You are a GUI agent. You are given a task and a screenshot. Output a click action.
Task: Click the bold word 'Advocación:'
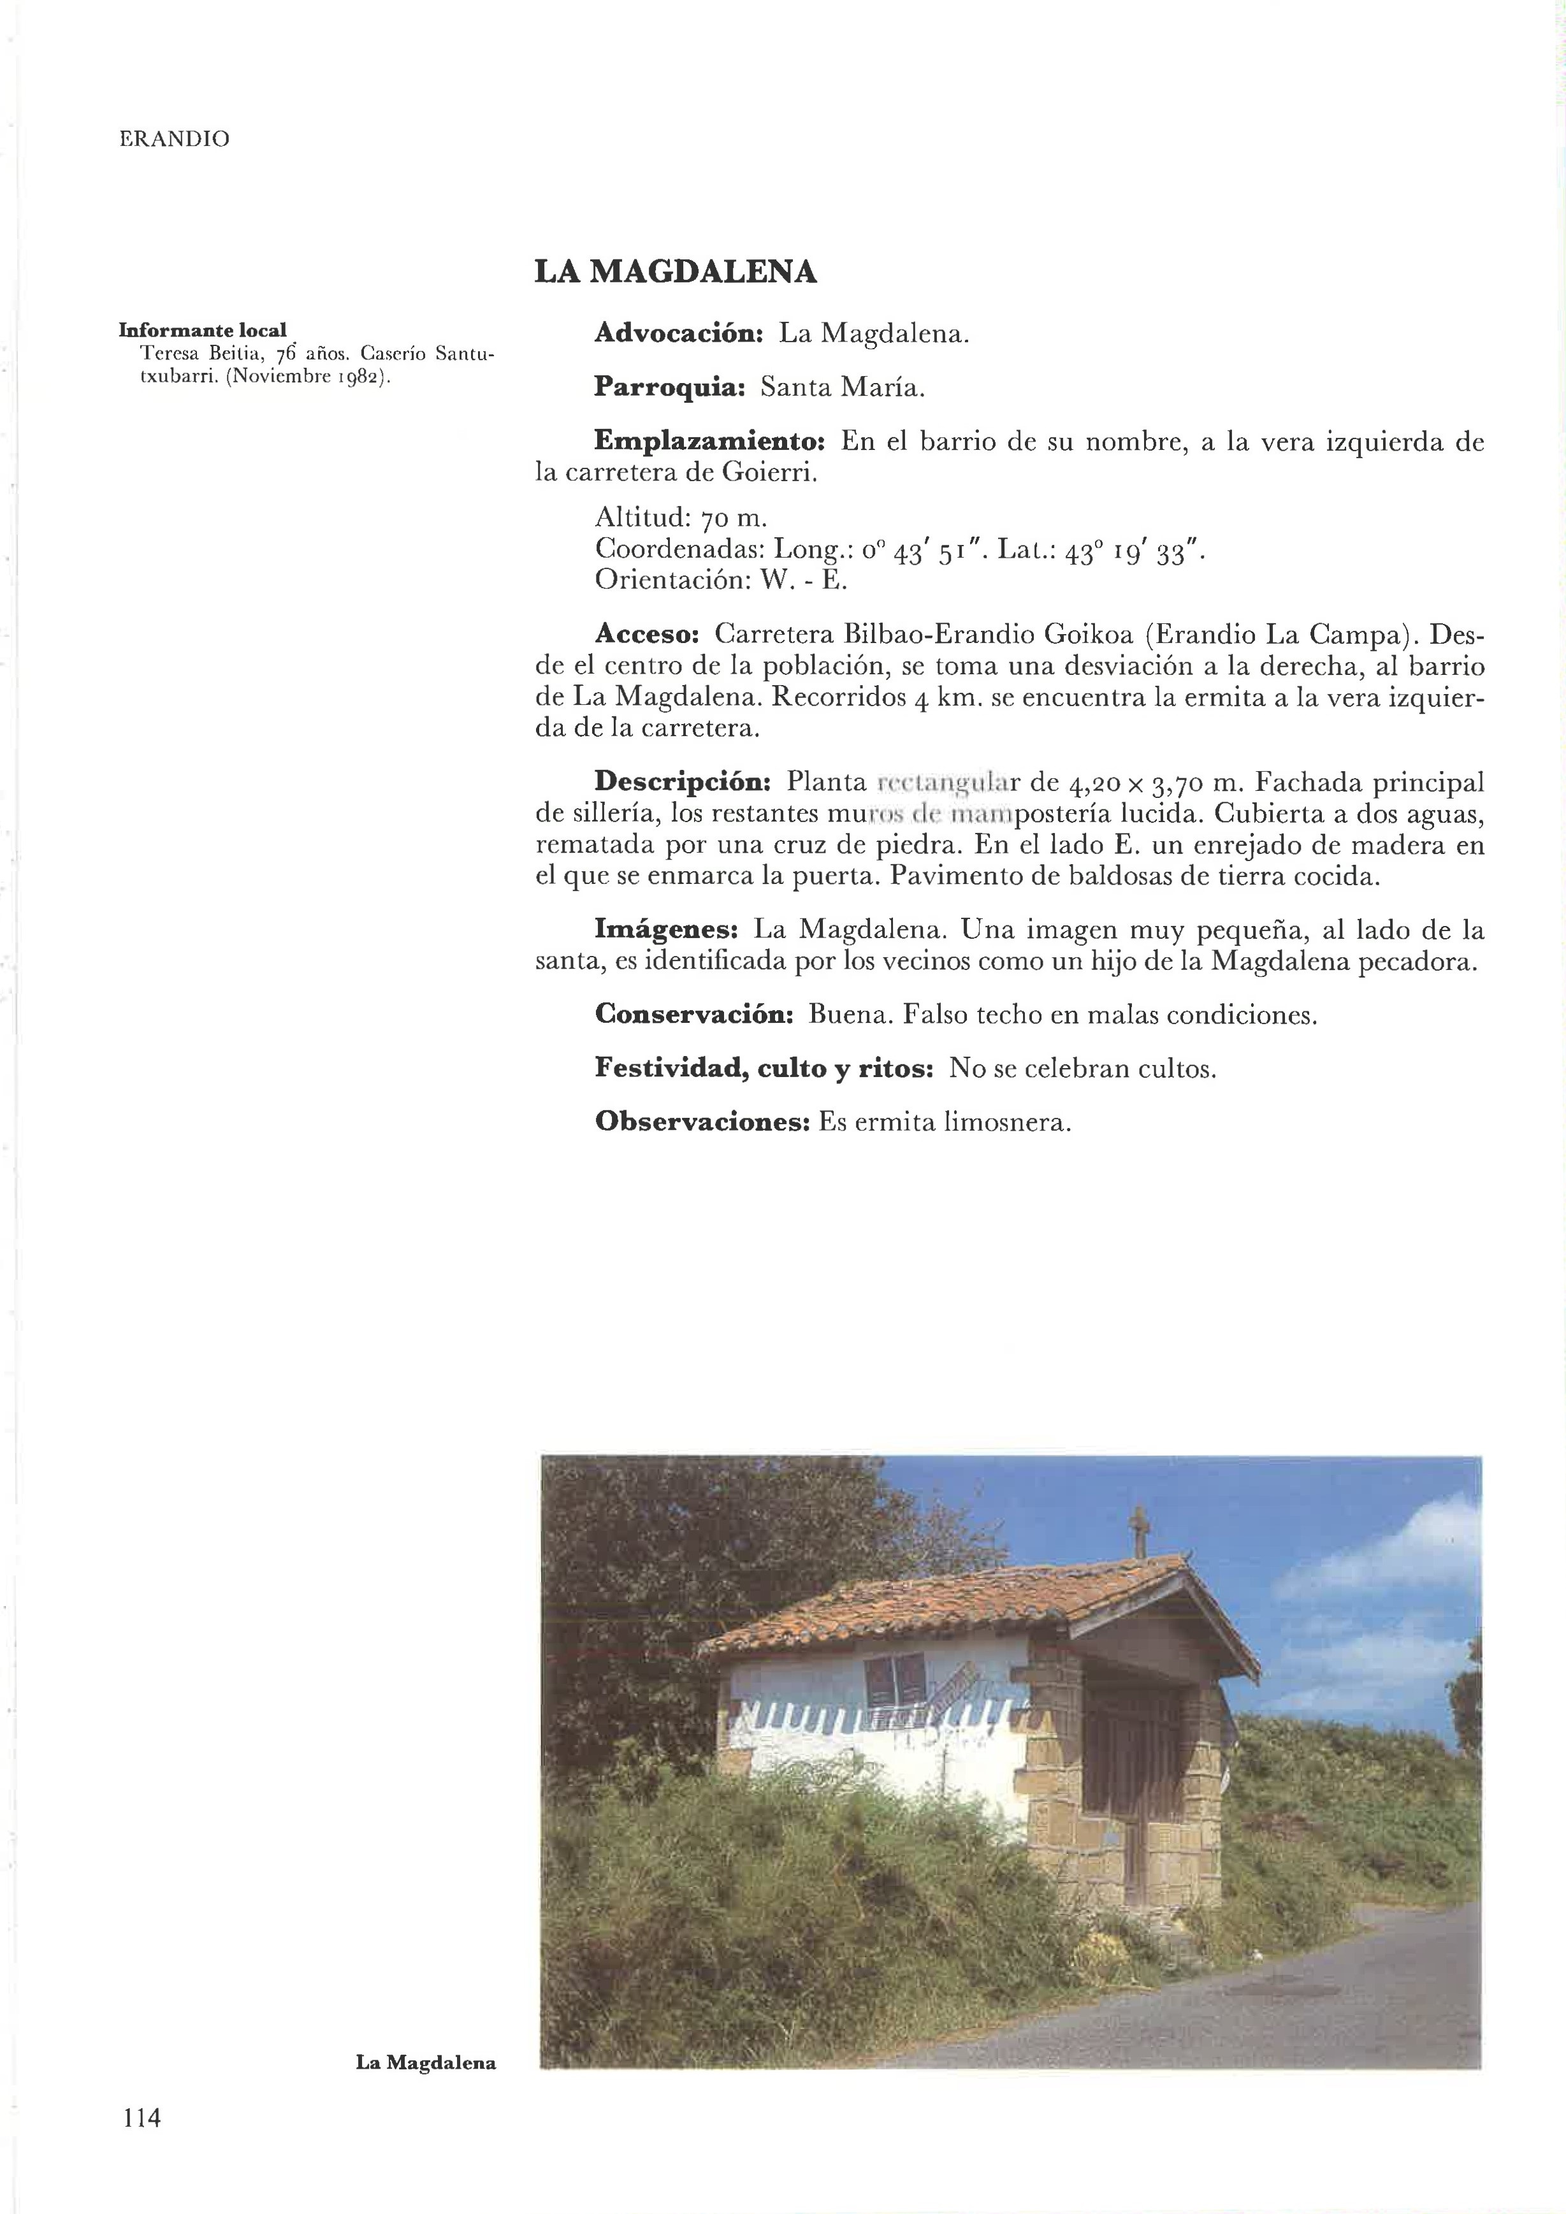[679, 334]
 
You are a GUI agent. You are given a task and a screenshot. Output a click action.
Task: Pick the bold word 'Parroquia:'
[669, 387]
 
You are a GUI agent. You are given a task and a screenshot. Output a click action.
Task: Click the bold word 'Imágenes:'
[666, 930]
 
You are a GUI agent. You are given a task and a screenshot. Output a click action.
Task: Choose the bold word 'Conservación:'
[693, 1015]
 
